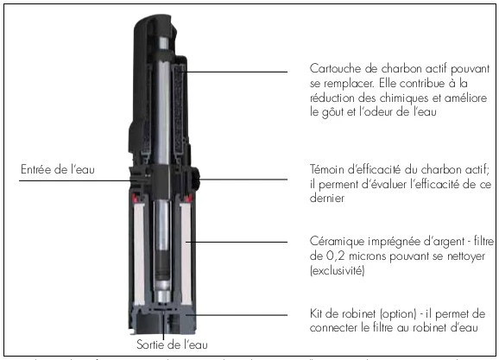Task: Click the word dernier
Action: (x=329, y=199)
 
